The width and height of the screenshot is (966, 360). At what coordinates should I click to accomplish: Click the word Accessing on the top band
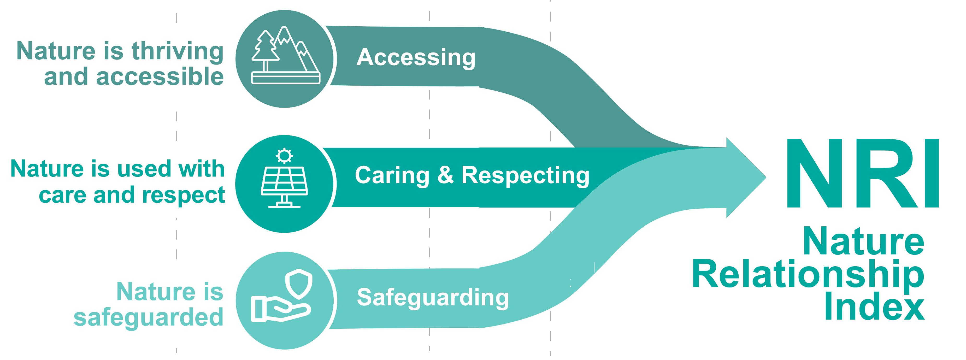coord(416,58)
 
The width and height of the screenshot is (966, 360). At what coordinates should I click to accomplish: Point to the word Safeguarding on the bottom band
coord(433,298)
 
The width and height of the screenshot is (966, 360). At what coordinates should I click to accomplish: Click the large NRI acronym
coord(863,173)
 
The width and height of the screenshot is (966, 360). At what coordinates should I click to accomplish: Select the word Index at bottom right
coord(874,308)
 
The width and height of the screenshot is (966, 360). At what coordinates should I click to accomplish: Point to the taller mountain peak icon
coord(287,45)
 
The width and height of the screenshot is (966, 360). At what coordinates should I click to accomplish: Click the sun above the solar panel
coord(284,156)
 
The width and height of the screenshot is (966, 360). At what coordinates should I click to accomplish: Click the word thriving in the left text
coord(177,51)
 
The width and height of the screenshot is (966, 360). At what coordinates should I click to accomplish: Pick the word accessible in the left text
coord(160,77)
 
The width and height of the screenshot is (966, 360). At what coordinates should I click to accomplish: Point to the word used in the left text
coord(145,169)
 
